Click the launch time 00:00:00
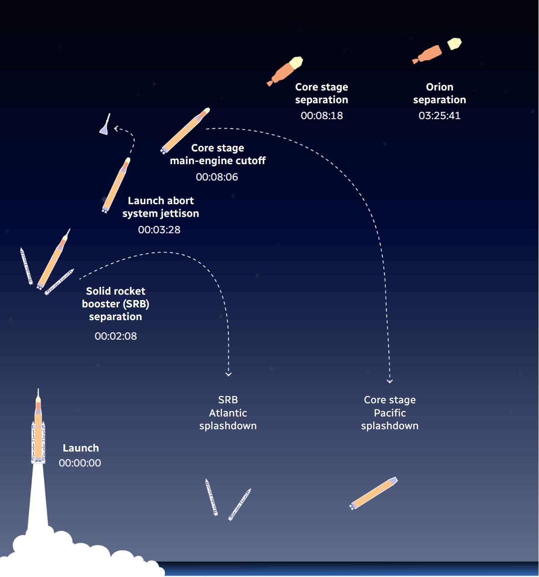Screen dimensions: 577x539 (x=80, y=463)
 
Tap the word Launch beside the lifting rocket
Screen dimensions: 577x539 (x=81, y=448)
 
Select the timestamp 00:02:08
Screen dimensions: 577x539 (x=115, y=336)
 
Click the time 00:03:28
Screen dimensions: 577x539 (x=159, y=230)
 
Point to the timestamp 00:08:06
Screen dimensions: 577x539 (x=217, y=177)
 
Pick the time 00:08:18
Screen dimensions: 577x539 (x=321, y=115)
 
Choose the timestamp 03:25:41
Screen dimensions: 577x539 (x=439, y=115)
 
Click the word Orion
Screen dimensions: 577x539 (x=439, y=87)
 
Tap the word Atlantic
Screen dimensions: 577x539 (x=228, y=413)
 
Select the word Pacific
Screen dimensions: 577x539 (x=390, y=413)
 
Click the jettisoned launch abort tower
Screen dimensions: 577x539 (x=105, y=125)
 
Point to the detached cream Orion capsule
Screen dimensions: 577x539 (x=454, y=44)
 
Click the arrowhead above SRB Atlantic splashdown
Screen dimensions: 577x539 (x=228, y=374)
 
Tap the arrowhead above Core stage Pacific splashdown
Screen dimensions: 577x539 (x=390, y=381)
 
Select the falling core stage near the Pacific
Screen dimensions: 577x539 (x=374, y=493)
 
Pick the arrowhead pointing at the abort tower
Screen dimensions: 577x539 (x=116, y=129)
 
